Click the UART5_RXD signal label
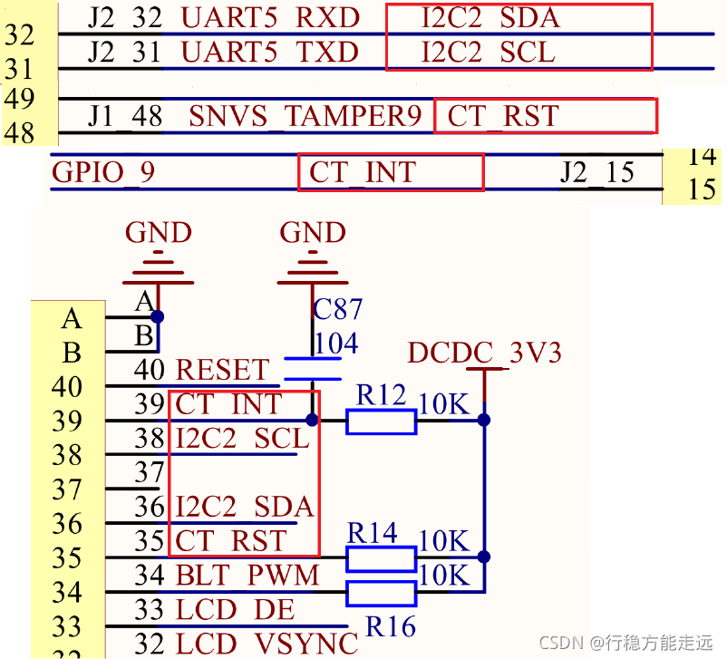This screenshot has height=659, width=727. pos(270,17)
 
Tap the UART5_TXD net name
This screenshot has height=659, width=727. pos(270,53)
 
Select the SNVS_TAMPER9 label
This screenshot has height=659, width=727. pos(305,117)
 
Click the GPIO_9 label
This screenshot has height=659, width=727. pos(103,171)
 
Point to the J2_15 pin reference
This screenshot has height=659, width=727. pos(596,171)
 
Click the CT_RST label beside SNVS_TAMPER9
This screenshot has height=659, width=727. pos(503,117)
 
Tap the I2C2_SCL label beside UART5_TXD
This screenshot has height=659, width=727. pos(488,53)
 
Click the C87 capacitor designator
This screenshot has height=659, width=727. pos(337,310)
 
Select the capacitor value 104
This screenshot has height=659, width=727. pos(335,344)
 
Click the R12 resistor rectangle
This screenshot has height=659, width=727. pos(381,421)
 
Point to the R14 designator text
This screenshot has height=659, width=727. pos(372,533)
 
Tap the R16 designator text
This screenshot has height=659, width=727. pos(391,625)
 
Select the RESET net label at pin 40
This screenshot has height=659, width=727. pos(222,370)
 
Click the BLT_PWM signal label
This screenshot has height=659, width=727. pos(247,575)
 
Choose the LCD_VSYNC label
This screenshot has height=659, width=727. pos(267,643)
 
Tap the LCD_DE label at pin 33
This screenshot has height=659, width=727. pos(235,609)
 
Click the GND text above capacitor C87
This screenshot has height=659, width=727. pos(313,233)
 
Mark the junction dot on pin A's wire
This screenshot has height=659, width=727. pos(158,317)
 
